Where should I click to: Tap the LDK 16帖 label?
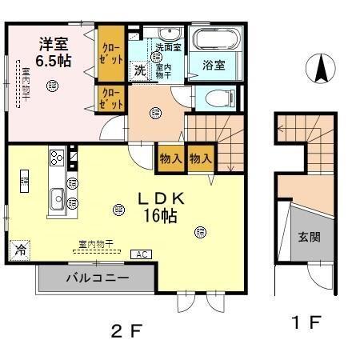click(x=158, y=206)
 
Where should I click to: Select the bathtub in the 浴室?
click(x=213, y=40)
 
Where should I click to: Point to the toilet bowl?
click(x=214, y=98)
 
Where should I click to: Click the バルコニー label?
click(x=97, y=280)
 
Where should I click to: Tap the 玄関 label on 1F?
click(x=310, y=237)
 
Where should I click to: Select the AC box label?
click(x=140, y=254)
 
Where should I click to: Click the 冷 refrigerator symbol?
click(x=19, y=249)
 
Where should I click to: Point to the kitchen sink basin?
click(x=58, y=196)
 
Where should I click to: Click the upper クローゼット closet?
click(x=112, y=54)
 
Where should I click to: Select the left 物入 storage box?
click(x=170, y=158)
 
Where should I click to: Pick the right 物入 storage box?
click(x=199, y=158)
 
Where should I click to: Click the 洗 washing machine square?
click(x=140, y=70)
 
